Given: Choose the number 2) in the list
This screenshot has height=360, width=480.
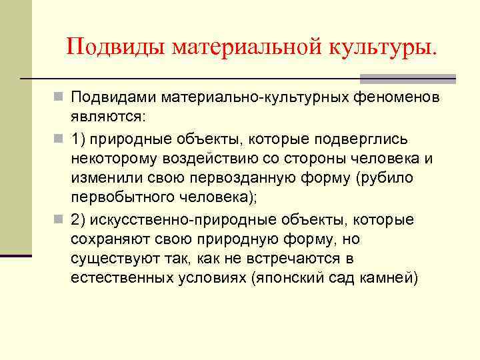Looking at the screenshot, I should (79, 220).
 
